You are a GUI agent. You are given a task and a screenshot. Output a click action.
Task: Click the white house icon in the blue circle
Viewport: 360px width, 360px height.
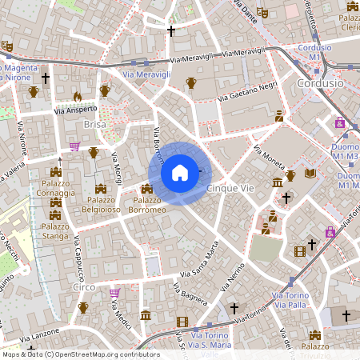pos(180,173)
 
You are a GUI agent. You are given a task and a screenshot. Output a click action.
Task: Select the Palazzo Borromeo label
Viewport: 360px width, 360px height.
pos(149,205)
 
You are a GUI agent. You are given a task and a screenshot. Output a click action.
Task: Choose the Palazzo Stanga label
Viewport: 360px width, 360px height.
pos(55,231)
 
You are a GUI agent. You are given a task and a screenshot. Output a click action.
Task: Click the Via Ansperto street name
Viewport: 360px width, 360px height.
pos(75,109)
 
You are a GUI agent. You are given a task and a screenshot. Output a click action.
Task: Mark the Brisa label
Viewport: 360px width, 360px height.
pos(94,125)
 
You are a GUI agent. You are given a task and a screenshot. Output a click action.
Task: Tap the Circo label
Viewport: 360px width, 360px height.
pos(83,286)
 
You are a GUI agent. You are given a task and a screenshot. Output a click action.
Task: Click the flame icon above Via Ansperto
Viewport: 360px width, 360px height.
pos(78,96)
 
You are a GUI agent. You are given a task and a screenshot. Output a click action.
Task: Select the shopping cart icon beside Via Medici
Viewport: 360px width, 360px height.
pos(114,293)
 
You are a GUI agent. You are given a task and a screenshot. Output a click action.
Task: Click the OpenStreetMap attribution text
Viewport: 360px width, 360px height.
pos(80,354)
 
